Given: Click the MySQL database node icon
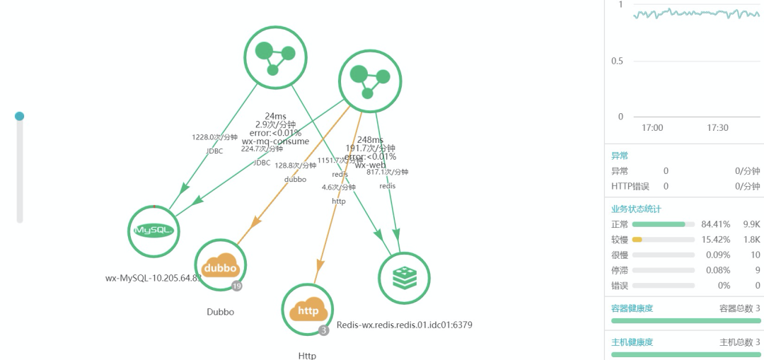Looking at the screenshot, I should point(154,231).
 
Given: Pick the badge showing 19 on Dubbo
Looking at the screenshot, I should point(237,286).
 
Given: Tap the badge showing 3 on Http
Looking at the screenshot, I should point(324,330).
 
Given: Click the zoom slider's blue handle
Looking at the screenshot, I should point(20,116).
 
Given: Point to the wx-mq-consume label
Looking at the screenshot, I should point(275,141).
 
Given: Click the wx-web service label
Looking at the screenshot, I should point(370,165).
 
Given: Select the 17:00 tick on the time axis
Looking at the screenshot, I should point(652,128).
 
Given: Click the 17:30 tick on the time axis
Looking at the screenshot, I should point(717,128).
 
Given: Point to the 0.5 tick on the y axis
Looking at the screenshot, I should point(617,61).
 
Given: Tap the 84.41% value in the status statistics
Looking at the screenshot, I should point(714,224).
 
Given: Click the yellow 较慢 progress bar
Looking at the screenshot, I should point(637,240).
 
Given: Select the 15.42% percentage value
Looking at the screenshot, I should point(714,240).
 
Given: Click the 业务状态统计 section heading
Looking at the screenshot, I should point(637,209).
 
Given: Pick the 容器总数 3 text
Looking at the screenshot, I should point(739,308).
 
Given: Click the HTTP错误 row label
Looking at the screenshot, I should point(630,186).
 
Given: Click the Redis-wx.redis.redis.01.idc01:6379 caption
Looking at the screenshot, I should point(404,325).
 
